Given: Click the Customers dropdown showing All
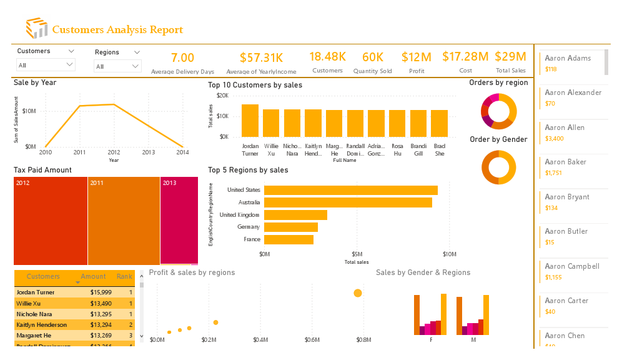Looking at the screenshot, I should tap(46, 65).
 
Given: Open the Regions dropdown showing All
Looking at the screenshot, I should tap(117, 66).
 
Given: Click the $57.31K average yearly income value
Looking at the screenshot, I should tap(261, 58).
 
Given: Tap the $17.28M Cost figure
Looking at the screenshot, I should tap(465, 57).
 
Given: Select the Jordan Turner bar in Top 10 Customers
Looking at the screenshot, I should tap(250, 121).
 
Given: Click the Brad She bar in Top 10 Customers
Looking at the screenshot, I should tap(440, 124).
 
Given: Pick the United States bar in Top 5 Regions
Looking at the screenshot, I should tap(350, 190).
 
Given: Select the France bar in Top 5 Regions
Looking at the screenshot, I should tap(289, 239).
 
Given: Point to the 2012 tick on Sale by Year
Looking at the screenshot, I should tap(114, 152).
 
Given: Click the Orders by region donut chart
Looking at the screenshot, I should tap(498, 111).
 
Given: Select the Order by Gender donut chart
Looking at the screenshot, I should tap(498, 167).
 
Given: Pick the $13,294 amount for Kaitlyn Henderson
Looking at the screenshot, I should tap(101, 325).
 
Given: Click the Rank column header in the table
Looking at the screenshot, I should tap(124, 276).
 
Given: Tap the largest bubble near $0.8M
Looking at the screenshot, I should tap(358, 293).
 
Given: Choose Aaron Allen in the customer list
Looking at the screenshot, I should tap(565, 127).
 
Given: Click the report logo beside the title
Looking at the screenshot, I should tap(36, 29).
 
